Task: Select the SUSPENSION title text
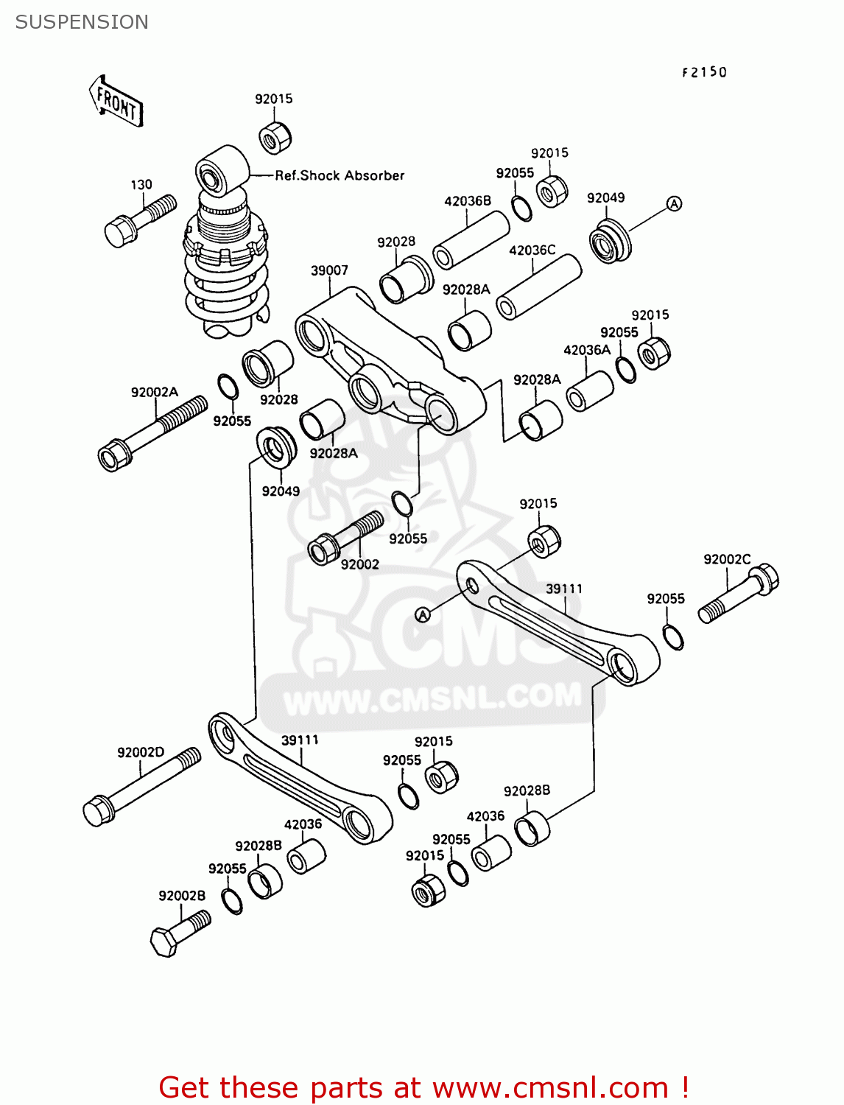82,22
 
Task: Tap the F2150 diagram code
704,72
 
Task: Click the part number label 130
141,185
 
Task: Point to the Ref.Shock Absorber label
340,175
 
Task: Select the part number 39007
329,270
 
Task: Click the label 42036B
467,200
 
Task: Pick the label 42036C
532,250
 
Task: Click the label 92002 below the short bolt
359,564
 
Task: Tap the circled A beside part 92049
674,204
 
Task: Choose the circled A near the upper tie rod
423,614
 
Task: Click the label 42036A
587,350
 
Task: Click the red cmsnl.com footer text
423,1087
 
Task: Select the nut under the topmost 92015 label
275,137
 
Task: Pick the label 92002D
141,752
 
